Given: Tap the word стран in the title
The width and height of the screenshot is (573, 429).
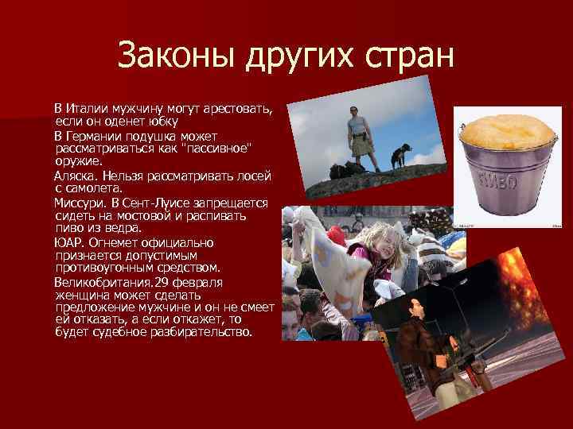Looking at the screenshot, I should coord(411,56).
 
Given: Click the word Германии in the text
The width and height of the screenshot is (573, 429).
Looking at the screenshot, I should coord(95,137).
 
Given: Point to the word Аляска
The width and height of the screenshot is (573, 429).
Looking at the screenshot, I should coord(76,176).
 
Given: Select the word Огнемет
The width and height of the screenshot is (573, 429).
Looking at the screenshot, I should coord(114,242).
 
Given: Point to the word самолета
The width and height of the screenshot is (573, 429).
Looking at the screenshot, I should coord(94,188).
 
